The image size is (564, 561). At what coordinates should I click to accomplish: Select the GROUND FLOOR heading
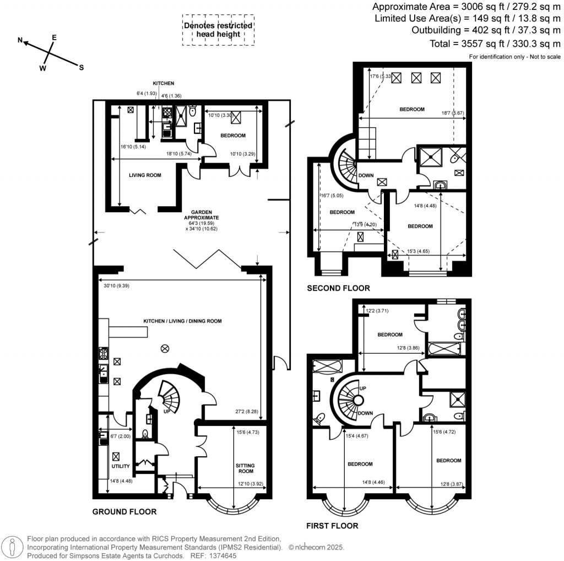(x=124, y=511)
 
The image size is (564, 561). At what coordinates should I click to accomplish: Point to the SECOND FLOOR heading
(x=338, y=288)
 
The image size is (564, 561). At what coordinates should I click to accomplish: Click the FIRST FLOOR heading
(x=333, y=526)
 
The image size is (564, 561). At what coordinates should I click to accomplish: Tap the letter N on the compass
(x=20, y=40)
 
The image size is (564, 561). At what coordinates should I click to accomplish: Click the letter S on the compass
(x=81, y=68)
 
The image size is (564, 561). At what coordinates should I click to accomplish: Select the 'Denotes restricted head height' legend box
(x=218, y=30)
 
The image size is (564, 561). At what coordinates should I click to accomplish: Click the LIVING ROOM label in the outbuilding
(x=145, y=175)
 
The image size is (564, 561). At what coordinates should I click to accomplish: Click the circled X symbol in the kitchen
(x=164, y=348)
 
